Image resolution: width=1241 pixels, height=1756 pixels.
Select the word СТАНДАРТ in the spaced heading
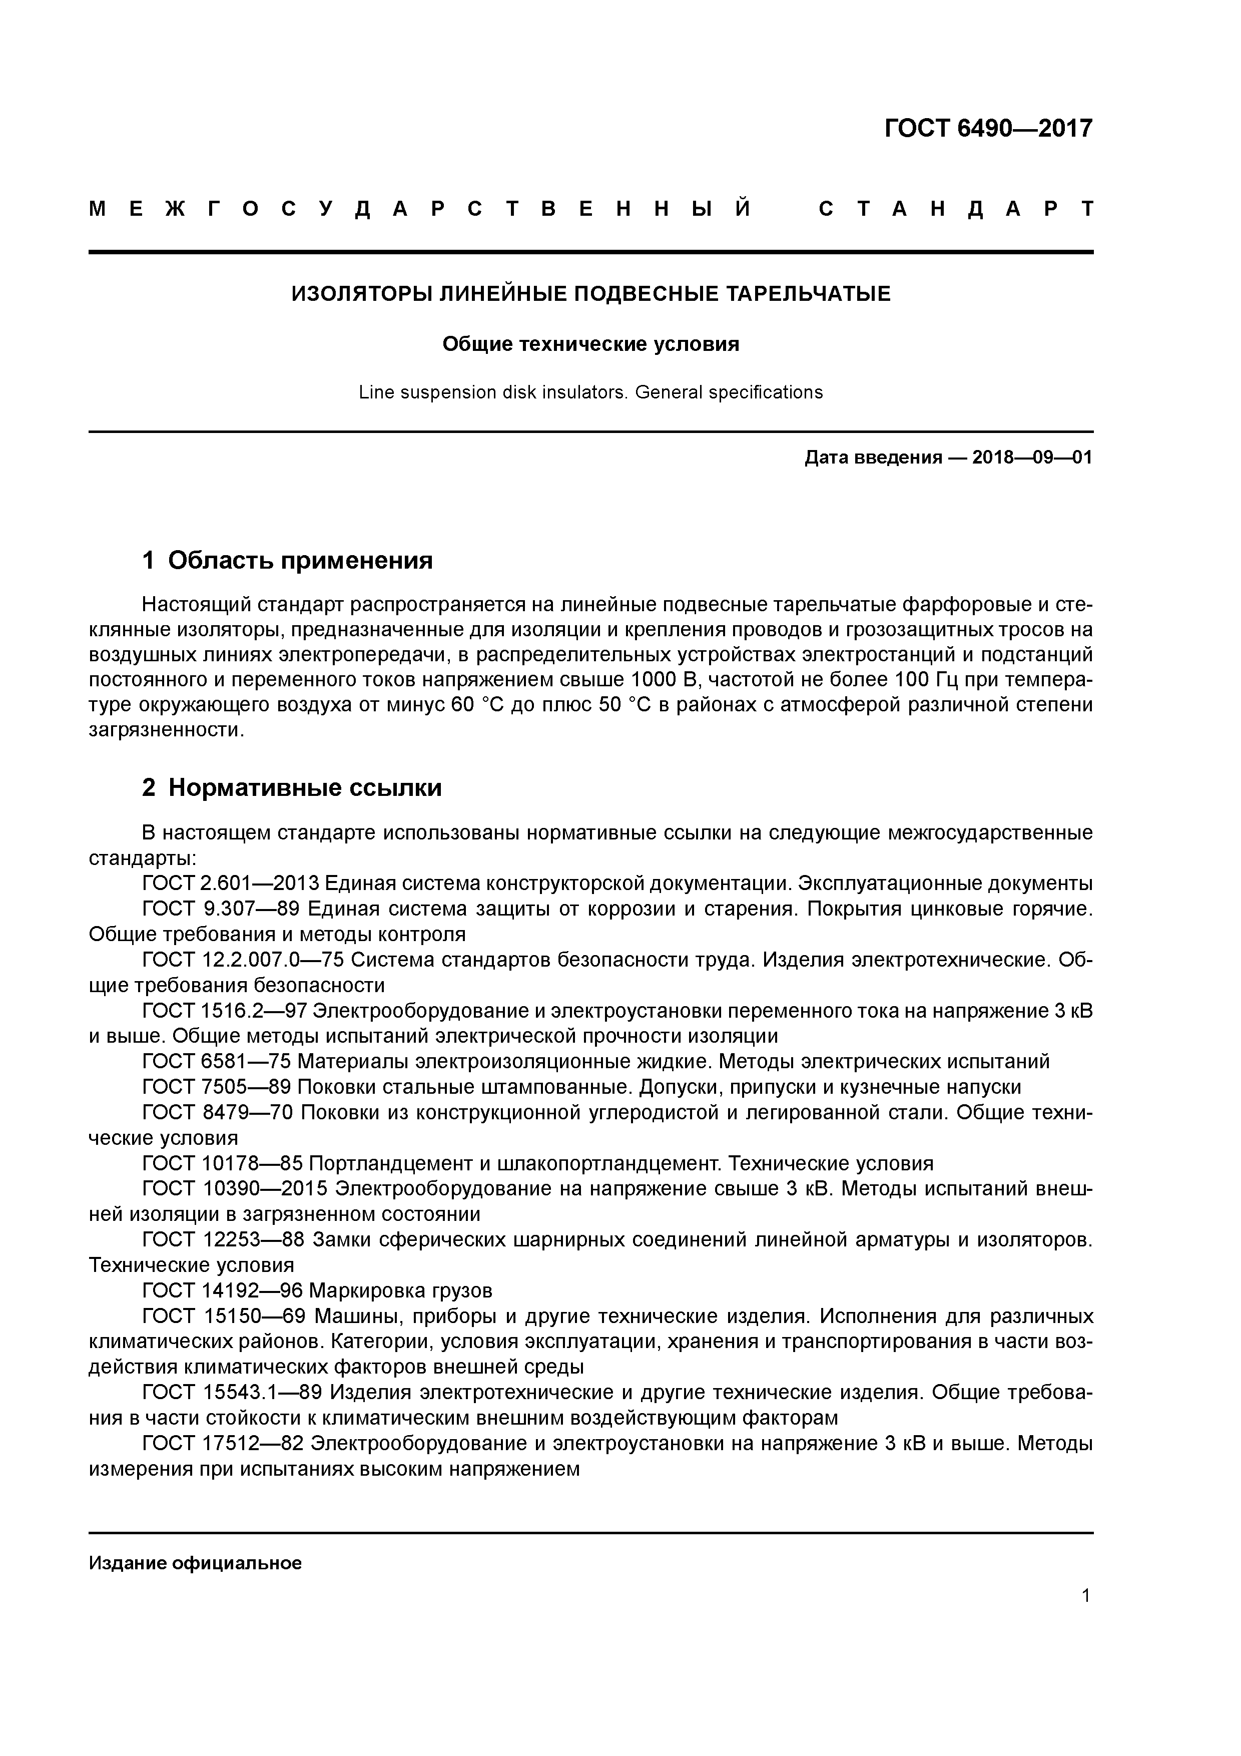tap(956, 209)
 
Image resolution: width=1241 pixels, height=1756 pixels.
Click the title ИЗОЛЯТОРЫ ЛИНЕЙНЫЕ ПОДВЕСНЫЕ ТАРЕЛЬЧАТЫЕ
tap(590, 294)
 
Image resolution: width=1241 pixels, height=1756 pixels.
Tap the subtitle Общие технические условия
tap(590, 344)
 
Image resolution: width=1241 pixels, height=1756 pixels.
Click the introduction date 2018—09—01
tap(1031, 458)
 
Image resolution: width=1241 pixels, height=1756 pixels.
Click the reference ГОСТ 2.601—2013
tap(230, 884)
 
